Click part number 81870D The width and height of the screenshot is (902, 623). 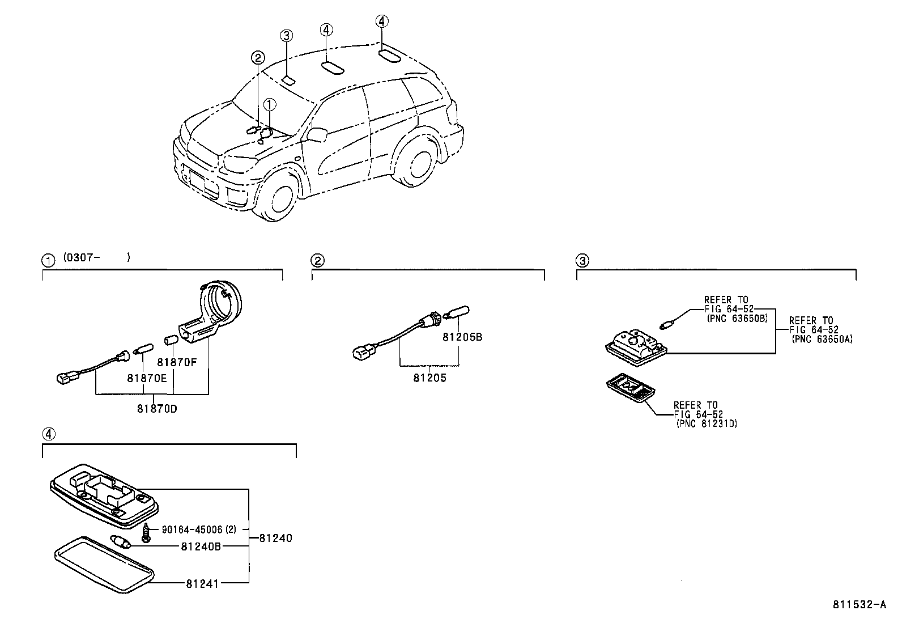coord(156,408)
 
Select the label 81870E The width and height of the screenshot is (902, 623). coord(147,379)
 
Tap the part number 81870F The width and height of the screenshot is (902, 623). coord(177,362)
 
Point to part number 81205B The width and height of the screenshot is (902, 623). coord(462,337)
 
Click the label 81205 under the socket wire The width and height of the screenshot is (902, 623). coord(429,378)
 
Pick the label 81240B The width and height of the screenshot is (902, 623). coord(201,546)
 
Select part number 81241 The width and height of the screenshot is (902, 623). coord(202,583)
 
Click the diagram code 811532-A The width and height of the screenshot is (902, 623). coord(859,604)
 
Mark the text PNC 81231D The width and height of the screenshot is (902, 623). coord(707,423)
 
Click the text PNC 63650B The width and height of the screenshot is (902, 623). coord(737,319)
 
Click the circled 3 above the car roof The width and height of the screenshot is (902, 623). coord(287,36)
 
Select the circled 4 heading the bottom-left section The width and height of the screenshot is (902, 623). coord(49,435)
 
